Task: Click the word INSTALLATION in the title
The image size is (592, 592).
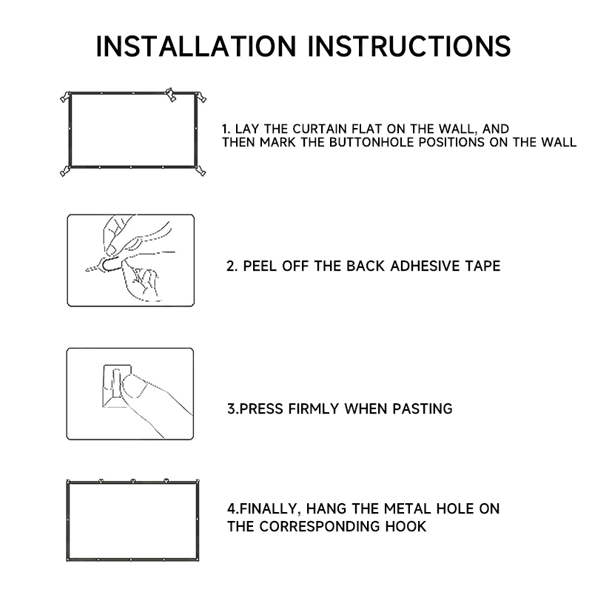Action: pyautogui.click(x=196, y=46)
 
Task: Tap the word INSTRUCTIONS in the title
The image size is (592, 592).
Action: pyautogui.click(x=409, y=46)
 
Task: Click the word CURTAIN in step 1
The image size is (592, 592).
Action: pyautogui.click(x=320, y=129)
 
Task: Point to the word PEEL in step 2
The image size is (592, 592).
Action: pyautogui.click(x=260, y=266)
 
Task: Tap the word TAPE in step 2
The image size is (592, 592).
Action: pyautogui.click(x=482, y=266)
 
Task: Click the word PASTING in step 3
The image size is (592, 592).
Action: pyautogui.click(x=422, y=409)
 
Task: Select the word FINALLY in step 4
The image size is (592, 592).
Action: pyautogui.click(x=269, y=509)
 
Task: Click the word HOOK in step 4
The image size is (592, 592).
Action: pyautogui.click(x=406, y=526)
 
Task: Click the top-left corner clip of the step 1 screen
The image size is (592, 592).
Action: pyautogui.click(x=66, y=97)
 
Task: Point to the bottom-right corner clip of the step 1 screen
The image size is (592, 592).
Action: pyautogui.click(x=201, y=171)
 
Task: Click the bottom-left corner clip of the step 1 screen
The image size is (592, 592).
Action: pyautogui.click(x=65, y=171)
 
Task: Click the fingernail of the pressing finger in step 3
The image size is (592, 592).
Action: pyautogui.click(x=133, y=386)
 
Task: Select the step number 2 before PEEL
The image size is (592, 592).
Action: pyautogui.click(x=232, y=266)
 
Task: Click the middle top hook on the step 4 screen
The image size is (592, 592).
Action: pyautogui.click(x=133, y=481)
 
